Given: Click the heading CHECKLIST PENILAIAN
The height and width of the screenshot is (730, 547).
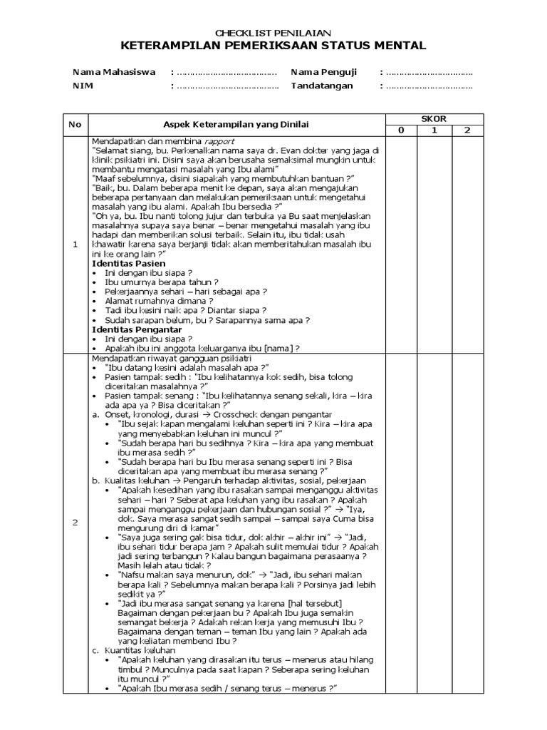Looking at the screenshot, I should tap(273, 33).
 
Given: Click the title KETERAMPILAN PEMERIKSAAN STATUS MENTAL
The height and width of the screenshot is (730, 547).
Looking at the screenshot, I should tap(273, 46).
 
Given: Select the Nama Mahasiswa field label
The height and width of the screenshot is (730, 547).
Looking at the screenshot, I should tap(114, 73).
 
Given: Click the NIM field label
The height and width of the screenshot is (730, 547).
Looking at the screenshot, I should tap(83, 86).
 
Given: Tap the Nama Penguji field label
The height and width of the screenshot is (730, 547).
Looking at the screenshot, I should tap(323, 73).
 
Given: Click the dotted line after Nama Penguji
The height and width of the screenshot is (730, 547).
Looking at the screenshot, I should tap(429, 73).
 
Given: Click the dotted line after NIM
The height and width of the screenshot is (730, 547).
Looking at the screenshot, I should tap(226, 87).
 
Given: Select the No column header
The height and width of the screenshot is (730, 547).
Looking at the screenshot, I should tap(75, 125).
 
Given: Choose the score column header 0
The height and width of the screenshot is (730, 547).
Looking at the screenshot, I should tap(401, 130).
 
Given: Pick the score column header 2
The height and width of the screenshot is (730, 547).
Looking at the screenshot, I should tap(467, 130).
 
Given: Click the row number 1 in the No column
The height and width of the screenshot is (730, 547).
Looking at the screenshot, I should tap(75, 245).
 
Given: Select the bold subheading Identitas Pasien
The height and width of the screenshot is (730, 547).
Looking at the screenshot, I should tap(125, 263).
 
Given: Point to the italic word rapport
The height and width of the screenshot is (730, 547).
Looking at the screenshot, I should tap(219, 141).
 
